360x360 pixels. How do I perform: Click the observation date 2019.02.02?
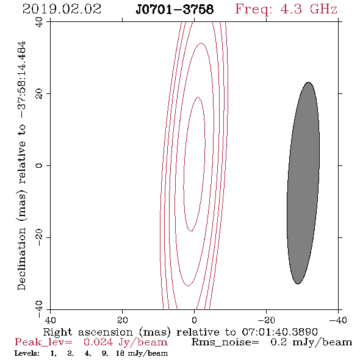tap(62, 9)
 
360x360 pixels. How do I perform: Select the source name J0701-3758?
tap(175, 10)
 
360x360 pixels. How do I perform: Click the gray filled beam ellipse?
tap(303, 183)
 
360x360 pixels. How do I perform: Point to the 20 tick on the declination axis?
tap(40, 94)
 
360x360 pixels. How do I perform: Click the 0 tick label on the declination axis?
tap(40, 165)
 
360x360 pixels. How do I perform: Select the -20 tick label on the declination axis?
tap(40, 237)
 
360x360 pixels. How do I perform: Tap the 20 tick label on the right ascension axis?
tap(123, 320)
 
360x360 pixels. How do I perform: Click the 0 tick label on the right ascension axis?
tap(195, 320)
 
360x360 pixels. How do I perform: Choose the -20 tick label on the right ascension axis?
tap(266, 320)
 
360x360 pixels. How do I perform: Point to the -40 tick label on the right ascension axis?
tap(338, 320)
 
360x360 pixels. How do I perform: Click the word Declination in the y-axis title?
tap(21, 259)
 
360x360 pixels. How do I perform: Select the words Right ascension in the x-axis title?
tap(88, 332)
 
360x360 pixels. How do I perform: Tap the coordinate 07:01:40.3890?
tap(280, 332)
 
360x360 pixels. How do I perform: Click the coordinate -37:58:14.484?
tap(22, 79)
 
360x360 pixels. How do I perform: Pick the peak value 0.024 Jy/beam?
tap(125, 342)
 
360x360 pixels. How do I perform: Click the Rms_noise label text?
tap(225, 342)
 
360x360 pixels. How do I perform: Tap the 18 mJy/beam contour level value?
tap(142, 353)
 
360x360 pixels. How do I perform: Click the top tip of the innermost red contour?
tap(198, 98)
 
